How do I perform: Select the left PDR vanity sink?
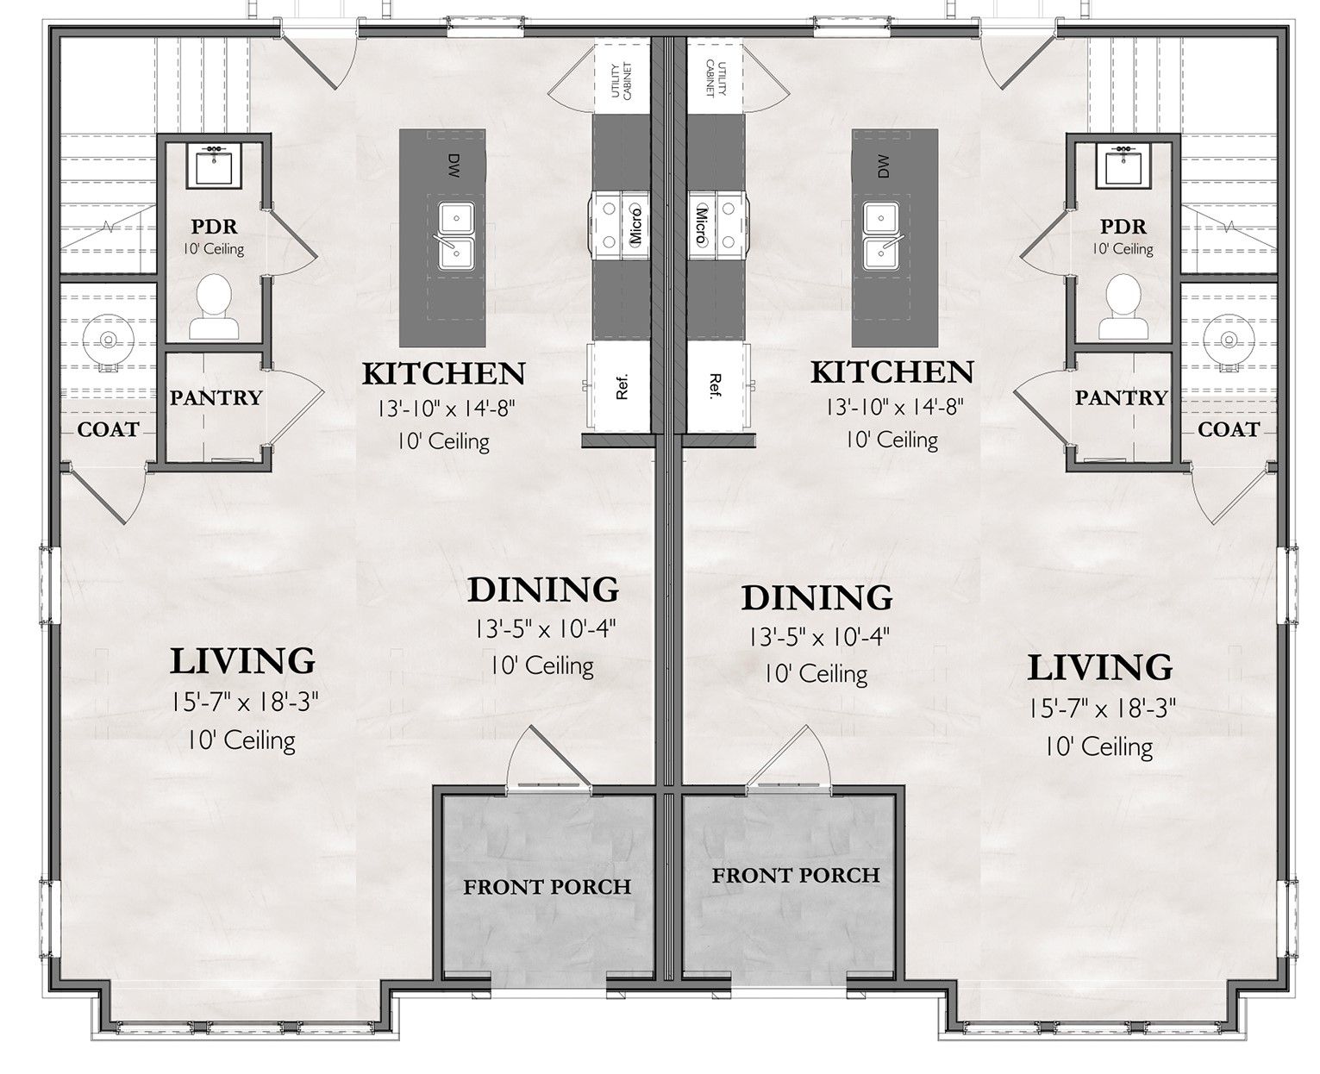215,167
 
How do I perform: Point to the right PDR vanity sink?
1123,167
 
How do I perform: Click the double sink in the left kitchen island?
456,236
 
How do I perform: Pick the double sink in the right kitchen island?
880,236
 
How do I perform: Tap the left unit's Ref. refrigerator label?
622,386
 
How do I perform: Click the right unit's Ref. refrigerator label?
715,386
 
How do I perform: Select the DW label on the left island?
453,166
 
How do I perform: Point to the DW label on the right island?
884,166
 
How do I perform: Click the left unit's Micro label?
635,226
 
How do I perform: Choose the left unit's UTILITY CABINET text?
622,80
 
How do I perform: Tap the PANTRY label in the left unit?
216,397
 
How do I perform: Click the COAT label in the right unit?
1229,429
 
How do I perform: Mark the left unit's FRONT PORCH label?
547,887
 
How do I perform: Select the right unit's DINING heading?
816,597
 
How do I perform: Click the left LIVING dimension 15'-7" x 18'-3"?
246,702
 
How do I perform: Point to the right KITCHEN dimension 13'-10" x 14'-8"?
894,407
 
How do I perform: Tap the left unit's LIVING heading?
242,661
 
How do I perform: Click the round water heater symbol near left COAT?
108,340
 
